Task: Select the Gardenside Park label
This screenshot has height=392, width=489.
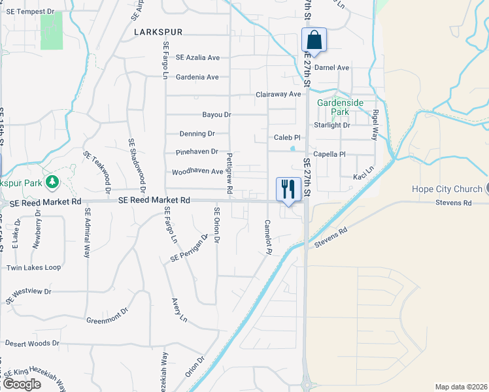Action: coord(339,107)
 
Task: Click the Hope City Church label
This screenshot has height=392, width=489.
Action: coord(447,189)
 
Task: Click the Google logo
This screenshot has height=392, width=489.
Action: coord(21,384)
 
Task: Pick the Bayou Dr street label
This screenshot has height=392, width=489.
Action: coord(217,114)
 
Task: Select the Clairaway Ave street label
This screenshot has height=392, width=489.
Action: coord(278,94)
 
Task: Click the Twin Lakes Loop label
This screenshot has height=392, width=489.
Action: coord(33,268)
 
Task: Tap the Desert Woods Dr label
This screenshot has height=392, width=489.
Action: coord(32,343)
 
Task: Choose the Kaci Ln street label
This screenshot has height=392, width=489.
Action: coord(363,176)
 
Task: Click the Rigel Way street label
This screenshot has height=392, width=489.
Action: coord(375,125)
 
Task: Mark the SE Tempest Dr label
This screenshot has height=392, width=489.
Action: coord(27,12)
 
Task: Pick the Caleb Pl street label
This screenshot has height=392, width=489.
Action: coord(287,138)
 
